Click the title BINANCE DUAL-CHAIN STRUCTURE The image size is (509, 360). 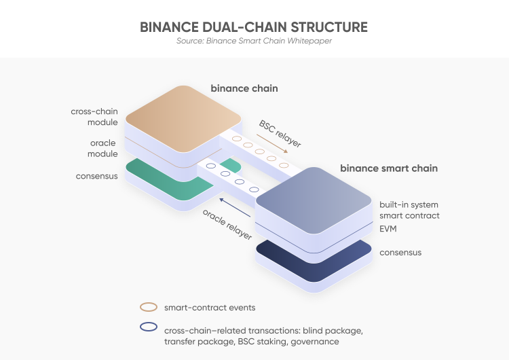(254, 27)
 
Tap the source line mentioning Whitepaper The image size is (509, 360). (254, 41)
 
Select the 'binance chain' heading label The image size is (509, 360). (244, 88)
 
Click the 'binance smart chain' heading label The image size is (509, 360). (389, 168)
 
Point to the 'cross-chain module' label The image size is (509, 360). (94, 117)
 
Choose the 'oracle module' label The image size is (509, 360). (102, 148)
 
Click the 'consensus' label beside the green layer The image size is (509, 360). (97, 176)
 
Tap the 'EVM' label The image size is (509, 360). (388, 229)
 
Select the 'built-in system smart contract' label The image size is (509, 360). (409, 210)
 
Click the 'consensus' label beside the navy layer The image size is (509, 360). (400, 253)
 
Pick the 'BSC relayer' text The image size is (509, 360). (280, 134)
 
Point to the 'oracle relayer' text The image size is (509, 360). (227, 224)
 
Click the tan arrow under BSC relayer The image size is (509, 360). (272, 143)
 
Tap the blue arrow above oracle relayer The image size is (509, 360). (235, 208)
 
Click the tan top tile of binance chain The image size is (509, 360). (183, 119)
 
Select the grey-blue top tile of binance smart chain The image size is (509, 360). (314, 200)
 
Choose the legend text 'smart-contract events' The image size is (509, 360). (210, 308)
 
